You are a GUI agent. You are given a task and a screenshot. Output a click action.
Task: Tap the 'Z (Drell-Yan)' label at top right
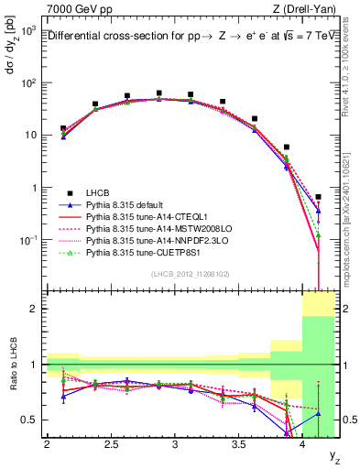(x=306, y=8)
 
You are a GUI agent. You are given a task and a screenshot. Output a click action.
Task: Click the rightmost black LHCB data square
(x=318, y=197)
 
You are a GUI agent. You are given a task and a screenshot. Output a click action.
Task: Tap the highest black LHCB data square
(x=159, y=93)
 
